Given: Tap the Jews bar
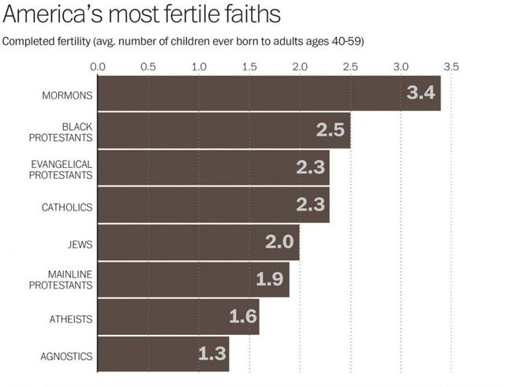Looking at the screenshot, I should [198, 243].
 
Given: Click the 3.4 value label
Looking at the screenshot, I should [421, 93].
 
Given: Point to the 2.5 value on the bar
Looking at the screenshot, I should [331, 130].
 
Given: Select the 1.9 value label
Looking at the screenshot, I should [270, 279].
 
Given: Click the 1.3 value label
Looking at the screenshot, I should [211, 353].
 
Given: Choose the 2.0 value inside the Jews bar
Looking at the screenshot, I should [279, 242].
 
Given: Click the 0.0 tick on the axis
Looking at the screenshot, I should [98, 66].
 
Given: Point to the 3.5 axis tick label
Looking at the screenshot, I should [451, 66].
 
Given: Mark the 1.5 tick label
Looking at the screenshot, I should [249, 66].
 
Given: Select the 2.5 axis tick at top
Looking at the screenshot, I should [350, 66].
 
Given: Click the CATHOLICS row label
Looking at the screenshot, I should [67, 207].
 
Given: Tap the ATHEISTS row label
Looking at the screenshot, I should [70, 319].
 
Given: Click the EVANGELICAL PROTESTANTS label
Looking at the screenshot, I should [61, 169].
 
